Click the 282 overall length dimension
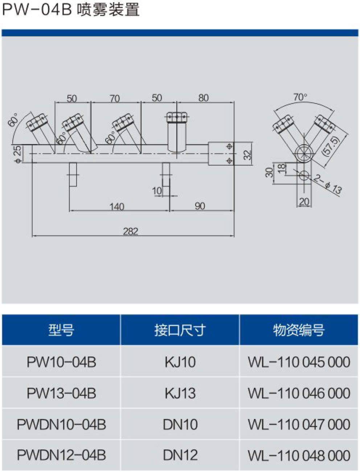tap(131, 231)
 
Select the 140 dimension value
tap(116, 206)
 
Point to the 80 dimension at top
tap(204, 98)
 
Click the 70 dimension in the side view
tap(115, 98)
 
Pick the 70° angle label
tap(300, 97)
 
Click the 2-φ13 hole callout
tap(328, 184)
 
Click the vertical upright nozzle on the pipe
tap(177, 133)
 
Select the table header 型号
tap(61, 330)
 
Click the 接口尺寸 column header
tap(180, 330)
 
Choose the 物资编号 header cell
tap(299, 330)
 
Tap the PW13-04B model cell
tap(61, 393)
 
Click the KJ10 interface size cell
tap(180, 362)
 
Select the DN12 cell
tap(180, 455)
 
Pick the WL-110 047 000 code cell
tap(299, 424)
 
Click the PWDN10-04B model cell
tap(61, 424)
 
